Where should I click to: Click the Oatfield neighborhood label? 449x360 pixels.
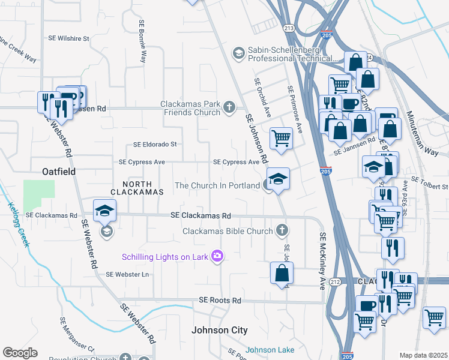point(58,172)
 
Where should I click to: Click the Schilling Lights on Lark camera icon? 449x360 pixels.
point(217,257)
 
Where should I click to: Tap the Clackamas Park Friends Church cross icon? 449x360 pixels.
point(228,108)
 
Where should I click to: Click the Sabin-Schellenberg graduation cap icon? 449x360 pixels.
point(238,53)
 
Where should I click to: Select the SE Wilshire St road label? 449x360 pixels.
point(68,38)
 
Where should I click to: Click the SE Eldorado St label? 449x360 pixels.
point(155,145)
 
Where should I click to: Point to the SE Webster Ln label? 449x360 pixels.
point(127,274)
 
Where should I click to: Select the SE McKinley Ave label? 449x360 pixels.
point(322,261)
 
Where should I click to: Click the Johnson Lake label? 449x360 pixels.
point(270,350)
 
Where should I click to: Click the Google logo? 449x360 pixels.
point(20,353)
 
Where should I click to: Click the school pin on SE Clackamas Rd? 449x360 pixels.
point(104,211)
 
